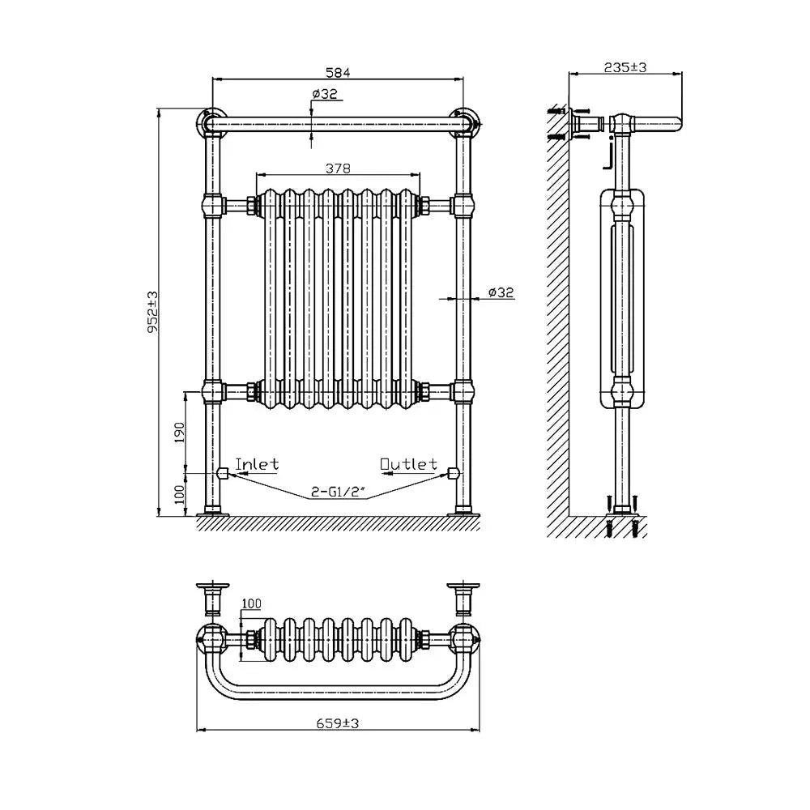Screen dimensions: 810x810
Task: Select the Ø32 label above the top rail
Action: [x=326, y=94]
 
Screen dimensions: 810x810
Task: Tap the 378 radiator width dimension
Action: [x=338, y=168]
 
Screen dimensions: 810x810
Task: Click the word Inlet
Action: [x=257, y=465]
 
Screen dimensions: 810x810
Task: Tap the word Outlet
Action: [x=409, y=465]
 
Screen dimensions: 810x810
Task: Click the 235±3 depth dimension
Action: [x=625, y=68]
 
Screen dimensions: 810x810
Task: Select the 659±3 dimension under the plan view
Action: [x=338, y=723]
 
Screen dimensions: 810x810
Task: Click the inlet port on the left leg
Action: [x=222, y=471]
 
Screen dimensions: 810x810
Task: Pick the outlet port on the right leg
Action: [x=454, y=471]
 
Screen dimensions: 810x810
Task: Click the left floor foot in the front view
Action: [x=213, y=510]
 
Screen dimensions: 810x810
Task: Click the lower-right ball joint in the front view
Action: [x=464, y=392]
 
